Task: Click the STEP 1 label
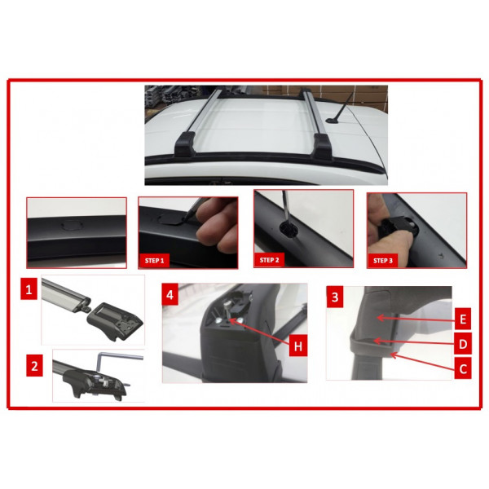coord(154,261)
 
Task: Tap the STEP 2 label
coord(269,260)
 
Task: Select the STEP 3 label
coord(383,261)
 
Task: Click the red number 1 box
coord(29,290)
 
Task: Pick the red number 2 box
coord(34,366)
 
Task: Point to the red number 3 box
coord(335,297)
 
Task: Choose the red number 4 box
coord(170,294)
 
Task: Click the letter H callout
coord(298,346)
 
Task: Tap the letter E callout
coord(463,319)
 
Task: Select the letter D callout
coord(463,344)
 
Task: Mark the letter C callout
coord(463,368)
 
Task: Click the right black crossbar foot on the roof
coord(323,146)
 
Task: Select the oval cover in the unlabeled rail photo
coord(72,225)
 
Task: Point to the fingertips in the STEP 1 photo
coord(215,227)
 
